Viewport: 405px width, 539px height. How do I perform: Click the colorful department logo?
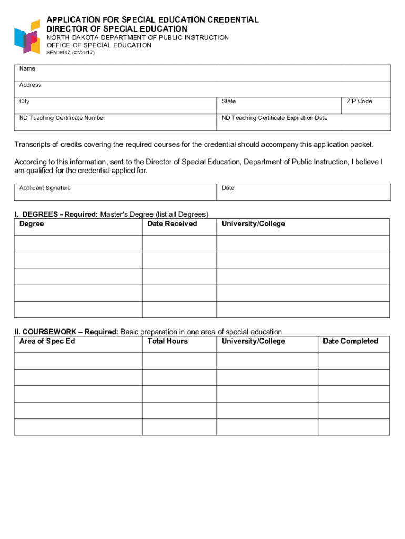coord(27,36)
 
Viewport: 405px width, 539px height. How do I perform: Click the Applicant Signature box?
coord(115,193)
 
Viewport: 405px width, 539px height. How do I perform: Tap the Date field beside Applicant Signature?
coord(303,193)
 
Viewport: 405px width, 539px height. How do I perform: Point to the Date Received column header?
coord(172,224)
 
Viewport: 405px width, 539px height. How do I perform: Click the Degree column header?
coord(32,224)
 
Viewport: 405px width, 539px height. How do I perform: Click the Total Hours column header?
coord(167,342)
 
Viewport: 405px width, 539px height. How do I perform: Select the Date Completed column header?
coord(350,342)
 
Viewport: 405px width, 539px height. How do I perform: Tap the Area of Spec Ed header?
coord(47,342)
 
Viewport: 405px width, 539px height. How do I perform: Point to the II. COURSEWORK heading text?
coord(66,332)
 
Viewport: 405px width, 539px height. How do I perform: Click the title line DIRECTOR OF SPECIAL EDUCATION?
coord(117,29)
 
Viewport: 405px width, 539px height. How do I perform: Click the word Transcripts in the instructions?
coord(33,145)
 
